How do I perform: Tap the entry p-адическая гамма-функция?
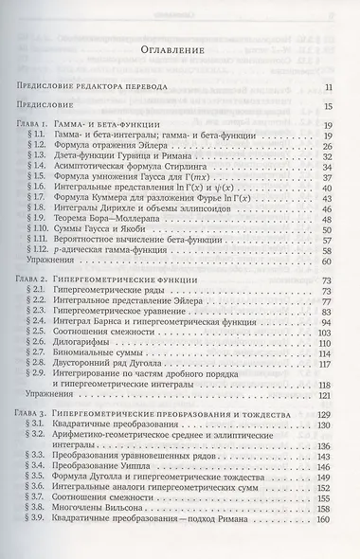[141, 251]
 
